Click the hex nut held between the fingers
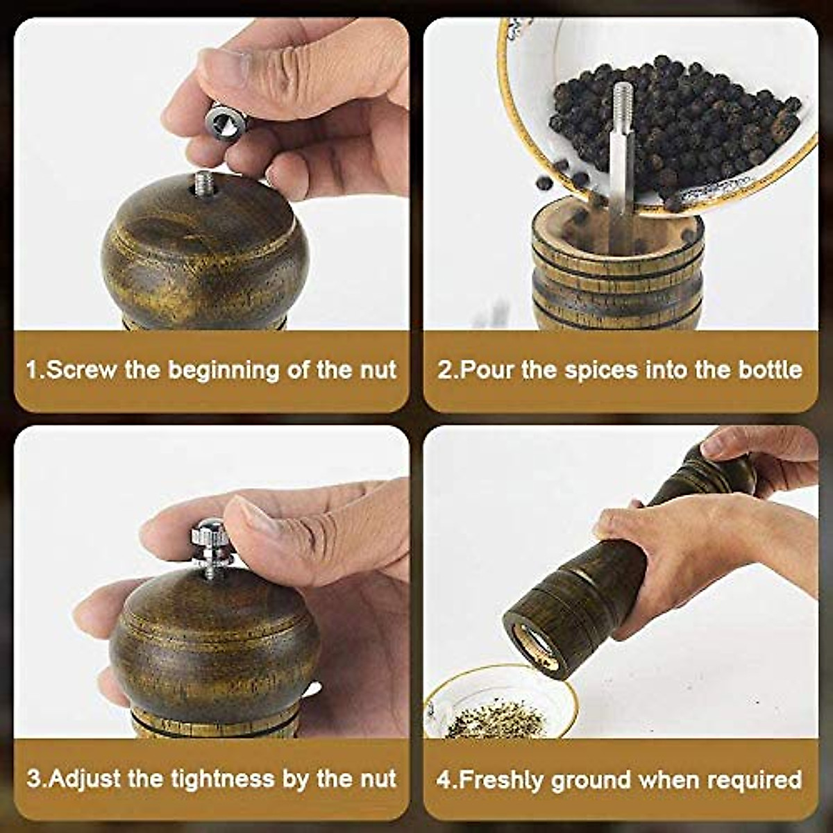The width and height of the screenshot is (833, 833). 228,123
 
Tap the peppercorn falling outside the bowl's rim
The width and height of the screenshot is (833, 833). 544,183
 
